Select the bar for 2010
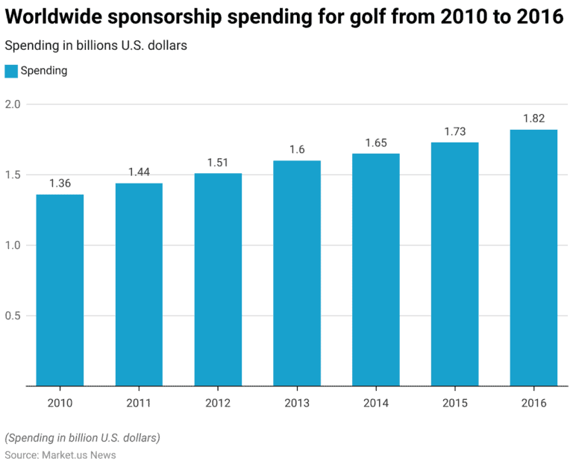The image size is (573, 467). [x=60, y=290]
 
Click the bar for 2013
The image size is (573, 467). [x=297, y=273]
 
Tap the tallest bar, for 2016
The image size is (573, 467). [x=533, y=257]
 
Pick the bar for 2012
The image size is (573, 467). [x=218, y=280]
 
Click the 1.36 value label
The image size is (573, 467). [x=60, y=183]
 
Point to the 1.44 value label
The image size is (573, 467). [x=139, y=172]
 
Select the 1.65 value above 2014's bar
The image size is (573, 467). [x=376, y=142]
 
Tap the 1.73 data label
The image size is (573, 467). [x=454, y=131]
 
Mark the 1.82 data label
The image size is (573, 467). [x=533, y=119]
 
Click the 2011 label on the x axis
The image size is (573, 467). [x=139, y=403]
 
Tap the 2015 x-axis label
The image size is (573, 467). [x=454, y=403]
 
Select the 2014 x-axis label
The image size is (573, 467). [x=376, y=403]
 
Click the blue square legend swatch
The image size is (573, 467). [x=11, y=71]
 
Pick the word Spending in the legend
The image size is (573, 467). [x=44, y=71]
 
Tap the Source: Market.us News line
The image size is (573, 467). [x=60, y=454]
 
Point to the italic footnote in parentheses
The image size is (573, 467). [x=82, y=437]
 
